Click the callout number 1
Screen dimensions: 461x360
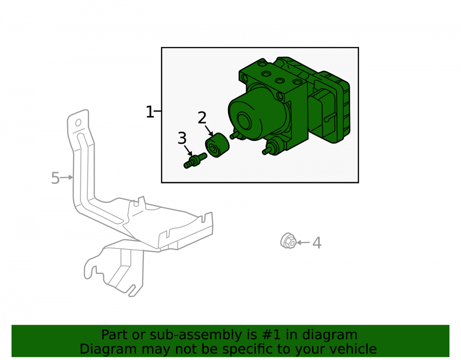[150, 112]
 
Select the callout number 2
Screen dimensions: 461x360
[202, 118]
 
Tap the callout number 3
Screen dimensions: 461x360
[182, 138]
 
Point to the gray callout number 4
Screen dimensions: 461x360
[317, 243]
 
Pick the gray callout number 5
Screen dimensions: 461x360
[55, 178]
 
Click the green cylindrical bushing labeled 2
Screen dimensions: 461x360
[217, 145]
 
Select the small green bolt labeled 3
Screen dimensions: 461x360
[195, 160]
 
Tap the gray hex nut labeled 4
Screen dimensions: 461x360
[288, 241]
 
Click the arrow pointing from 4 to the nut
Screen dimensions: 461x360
[303, 242]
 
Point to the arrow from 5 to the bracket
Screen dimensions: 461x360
[66, 177]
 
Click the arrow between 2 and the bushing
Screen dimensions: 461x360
[209, 130]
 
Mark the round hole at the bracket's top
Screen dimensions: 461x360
[78, 123]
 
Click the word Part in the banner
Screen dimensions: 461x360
[115, 335]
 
